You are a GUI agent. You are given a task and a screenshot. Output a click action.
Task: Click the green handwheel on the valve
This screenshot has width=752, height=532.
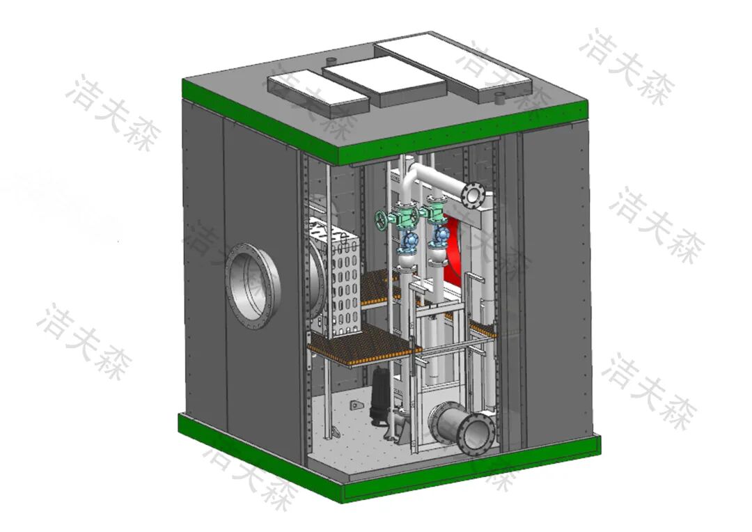(382, 221)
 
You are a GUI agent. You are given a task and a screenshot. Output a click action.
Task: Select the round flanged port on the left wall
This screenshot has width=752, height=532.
(253, 286)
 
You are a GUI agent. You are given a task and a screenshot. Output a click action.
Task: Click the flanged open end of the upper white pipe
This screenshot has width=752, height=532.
(472, 194)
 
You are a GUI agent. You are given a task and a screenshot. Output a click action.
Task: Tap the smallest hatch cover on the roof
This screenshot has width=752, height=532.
(318, 92)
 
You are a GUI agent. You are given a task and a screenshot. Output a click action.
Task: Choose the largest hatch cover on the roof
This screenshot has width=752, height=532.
(453, 66)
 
